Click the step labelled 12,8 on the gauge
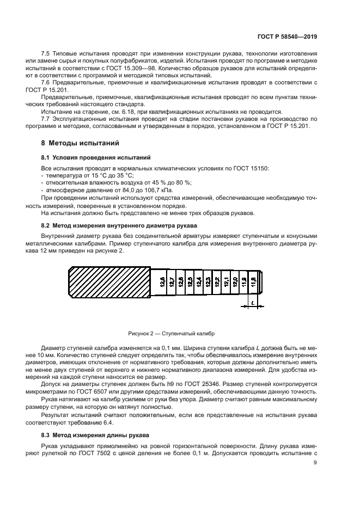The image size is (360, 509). coord(162,283)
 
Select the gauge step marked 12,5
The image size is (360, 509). coord(190,283)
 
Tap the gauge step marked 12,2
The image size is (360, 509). coord(217,283)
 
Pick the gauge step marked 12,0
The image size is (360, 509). coord(235,283)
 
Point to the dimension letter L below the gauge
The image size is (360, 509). coord(253,303)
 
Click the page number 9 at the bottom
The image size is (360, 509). coord(315,463)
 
